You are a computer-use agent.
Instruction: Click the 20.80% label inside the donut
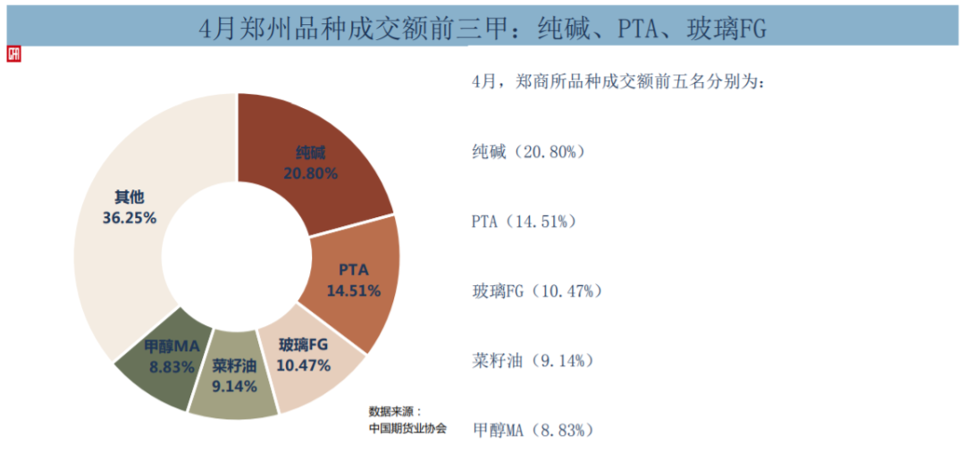pyautogui.click(x=310, y=173)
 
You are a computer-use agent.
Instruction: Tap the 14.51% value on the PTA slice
pyautogui.click(x=354, y=290)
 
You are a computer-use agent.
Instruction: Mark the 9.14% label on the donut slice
pyautogui.click(x=235, y=387)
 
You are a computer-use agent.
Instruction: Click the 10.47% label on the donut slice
pyautogui.click(x=304, y=365)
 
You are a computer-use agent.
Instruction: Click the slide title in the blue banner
pyautogui.click(x=482, y=29)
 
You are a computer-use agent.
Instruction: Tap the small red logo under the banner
pyautogui.click(x=13, y=54)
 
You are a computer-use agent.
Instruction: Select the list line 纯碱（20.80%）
pyautogui.click(x=528, y=152)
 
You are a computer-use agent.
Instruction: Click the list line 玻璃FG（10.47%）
pyautogui.click(x=538, y=291)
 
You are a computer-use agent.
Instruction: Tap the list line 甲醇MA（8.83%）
pyautogui.click(x=533, y=431)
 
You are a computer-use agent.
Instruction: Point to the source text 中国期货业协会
pyautogui.click(x=407, y=428)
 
